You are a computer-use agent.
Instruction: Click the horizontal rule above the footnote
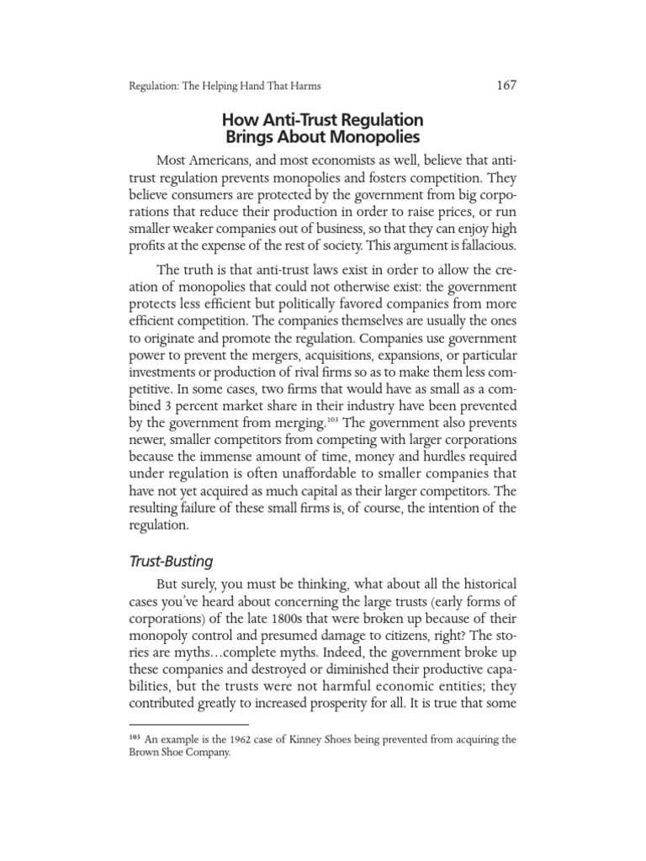coord(188,724)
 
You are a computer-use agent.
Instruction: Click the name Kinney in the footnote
coord(301,740)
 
